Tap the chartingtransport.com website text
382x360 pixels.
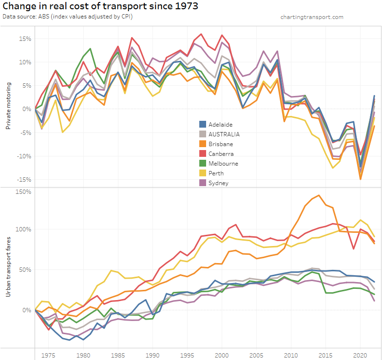tap(312, 17)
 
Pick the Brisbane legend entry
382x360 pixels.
tap(221, 144)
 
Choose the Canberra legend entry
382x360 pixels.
tap(221, 153)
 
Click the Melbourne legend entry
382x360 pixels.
tap(223, 163)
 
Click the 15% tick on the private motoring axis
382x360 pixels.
tap(25, 38)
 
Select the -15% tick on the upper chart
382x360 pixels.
tap(24, 179)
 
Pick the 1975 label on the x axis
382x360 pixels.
tap(49, 355)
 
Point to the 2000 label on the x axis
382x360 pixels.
tap(222, 355)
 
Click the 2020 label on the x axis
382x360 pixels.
tap(361, 355)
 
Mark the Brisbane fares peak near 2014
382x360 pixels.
tap(319, 195)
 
